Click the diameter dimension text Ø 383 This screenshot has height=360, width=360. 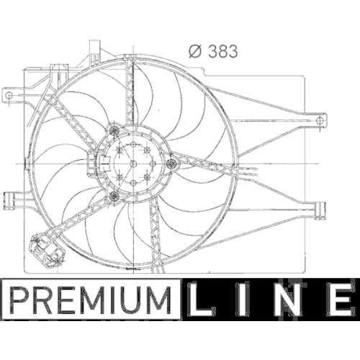click(x=213, y=51)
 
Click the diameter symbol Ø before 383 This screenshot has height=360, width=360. click(x=194, y=51)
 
